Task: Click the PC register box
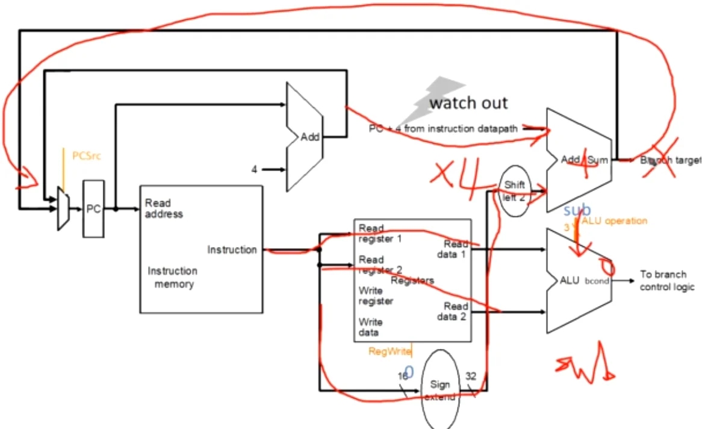(x=93, y=208)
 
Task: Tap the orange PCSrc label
(x=87, y=156)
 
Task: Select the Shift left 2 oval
(x=514, y=190)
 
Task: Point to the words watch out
(x=468, y=103)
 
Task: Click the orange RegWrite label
(x=389, y=351)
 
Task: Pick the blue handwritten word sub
(x=577, y=211)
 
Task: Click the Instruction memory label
(x=172, y=277)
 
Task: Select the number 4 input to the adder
(x=255, y=170)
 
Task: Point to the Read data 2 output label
(x=455, y=312)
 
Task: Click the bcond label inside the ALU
(x=598, y=281)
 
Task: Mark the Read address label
(x=163, y=208)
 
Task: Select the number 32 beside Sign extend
(x=470, y=376)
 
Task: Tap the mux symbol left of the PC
(x=63, y=208)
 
